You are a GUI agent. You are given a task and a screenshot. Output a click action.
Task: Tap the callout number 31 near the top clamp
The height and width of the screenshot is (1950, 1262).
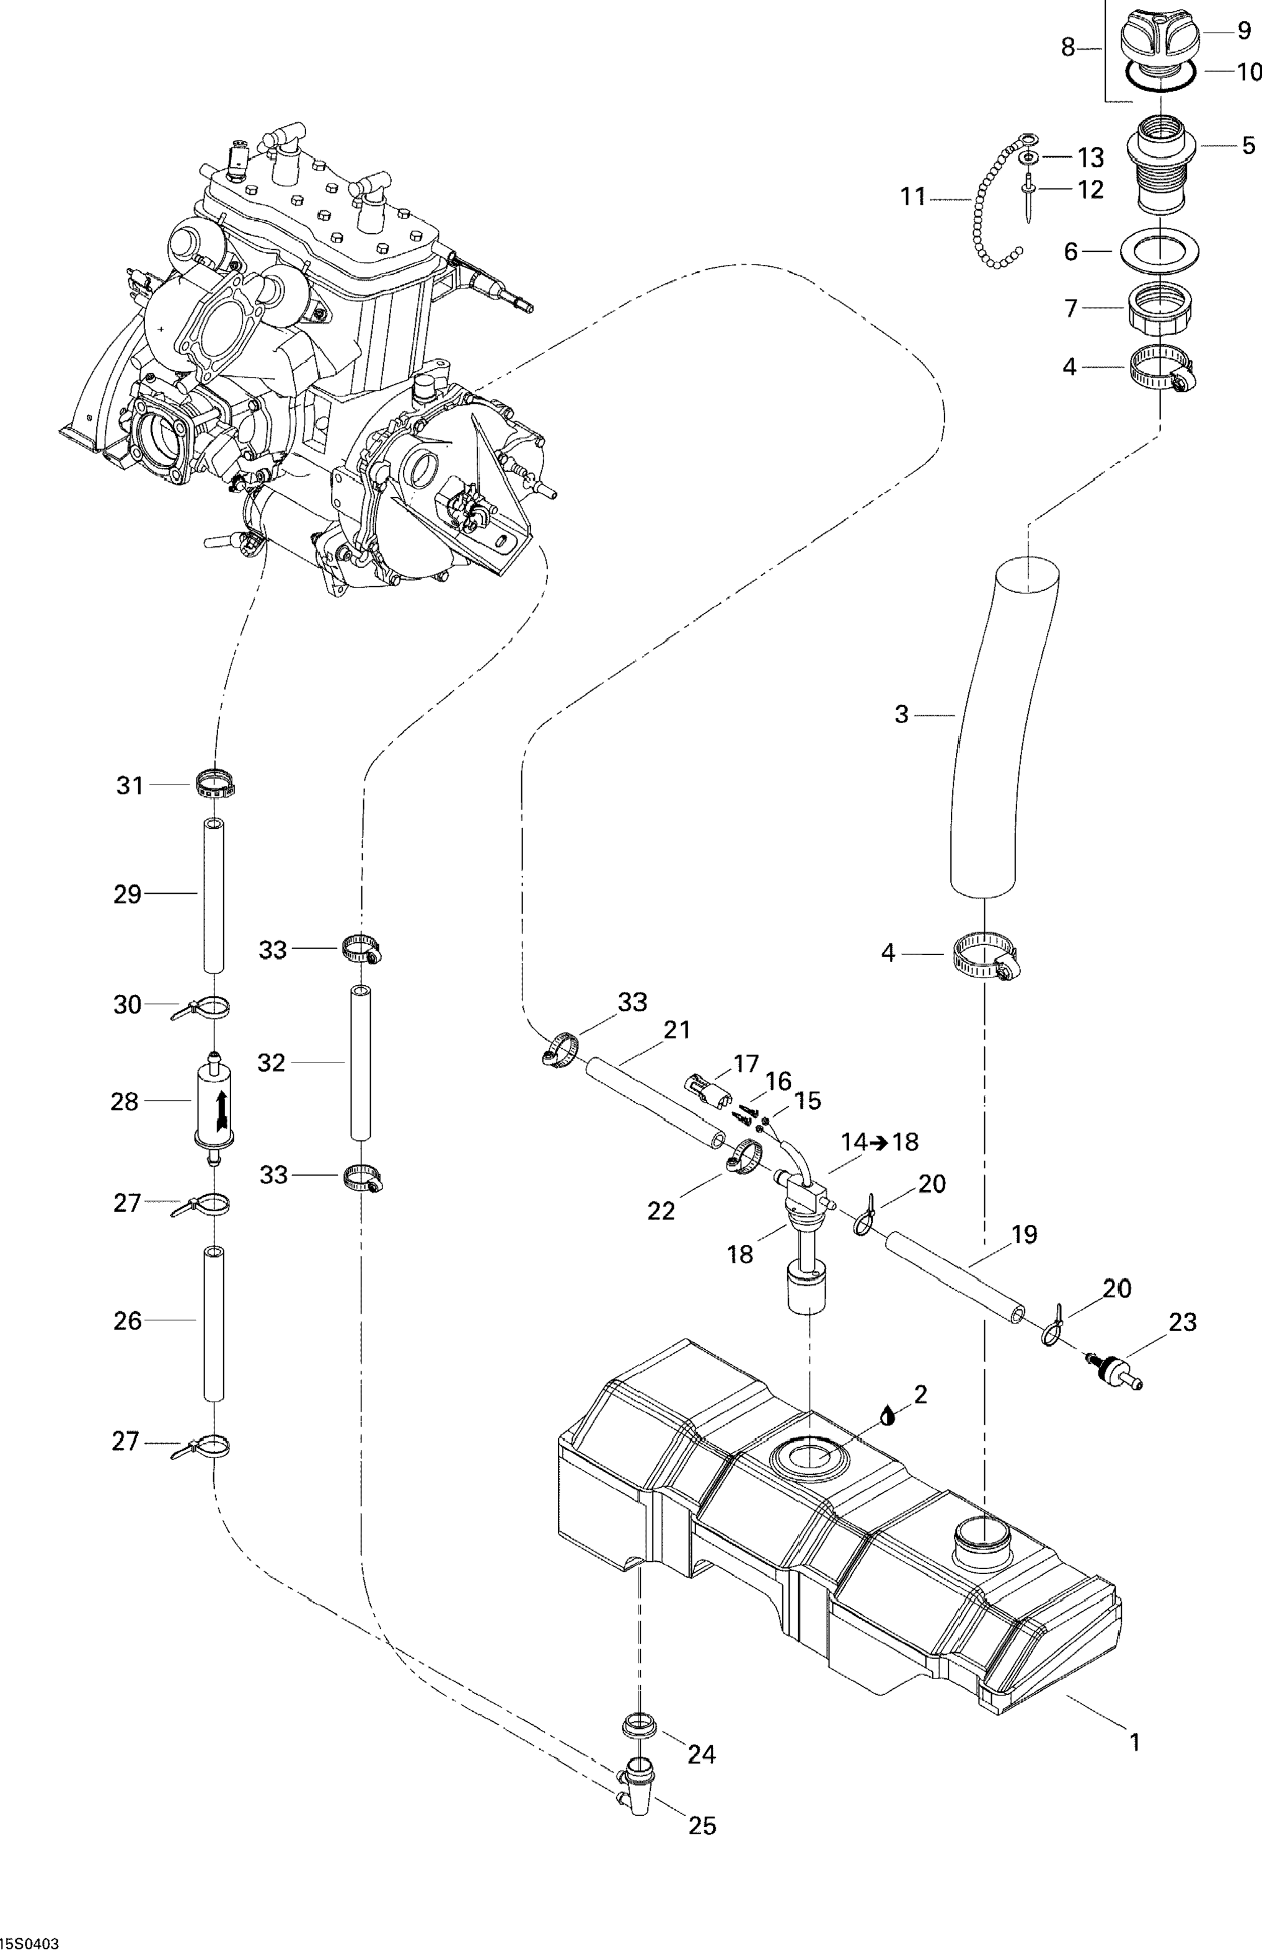[x=130, y=785]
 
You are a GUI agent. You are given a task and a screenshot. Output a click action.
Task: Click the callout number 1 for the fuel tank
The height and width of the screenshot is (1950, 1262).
[x=1134, y=1742]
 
